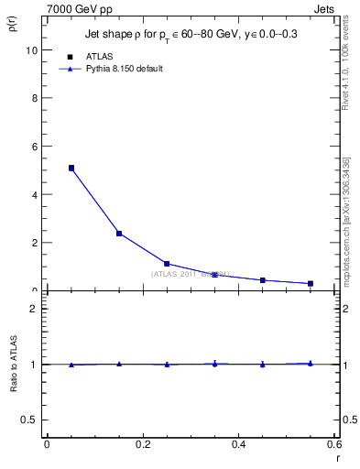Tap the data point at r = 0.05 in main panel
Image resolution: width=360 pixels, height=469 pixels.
tap(71, 169)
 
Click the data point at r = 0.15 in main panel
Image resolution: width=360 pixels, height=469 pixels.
tap(119, 234)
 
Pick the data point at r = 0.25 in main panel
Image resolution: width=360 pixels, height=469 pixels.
tap(167, 264)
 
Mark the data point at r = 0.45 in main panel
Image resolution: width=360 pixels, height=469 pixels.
tap(263, 280)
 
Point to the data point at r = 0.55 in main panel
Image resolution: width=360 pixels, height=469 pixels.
tap(311, 284)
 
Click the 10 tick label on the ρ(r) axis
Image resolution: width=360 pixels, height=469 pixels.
tap(32, 50)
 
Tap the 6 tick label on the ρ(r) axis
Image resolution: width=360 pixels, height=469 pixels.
tap(35, 147)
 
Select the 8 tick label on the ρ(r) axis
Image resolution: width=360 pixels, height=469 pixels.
tap(35, 99)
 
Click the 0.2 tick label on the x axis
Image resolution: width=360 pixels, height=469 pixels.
tap(142, 444)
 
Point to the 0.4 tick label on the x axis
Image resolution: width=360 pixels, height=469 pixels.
tap(238, 444)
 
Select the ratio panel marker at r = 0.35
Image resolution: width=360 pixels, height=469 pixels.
tap(214, 364)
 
